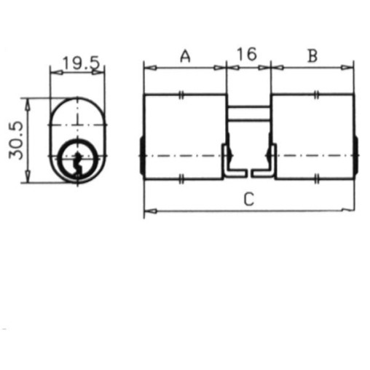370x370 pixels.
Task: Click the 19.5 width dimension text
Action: [82, 63]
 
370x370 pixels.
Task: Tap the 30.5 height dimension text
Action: [16, 141]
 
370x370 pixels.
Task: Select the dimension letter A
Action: [185, 56]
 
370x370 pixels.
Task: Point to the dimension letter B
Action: [312, 56]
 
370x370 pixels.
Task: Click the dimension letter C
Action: [249, 200]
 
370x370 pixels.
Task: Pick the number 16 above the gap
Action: [247, 54]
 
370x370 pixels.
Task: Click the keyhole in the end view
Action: [78, 163]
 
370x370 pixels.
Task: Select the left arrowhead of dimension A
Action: [151, 68]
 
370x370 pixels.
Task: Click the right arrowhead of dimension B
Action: [347, 68]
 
